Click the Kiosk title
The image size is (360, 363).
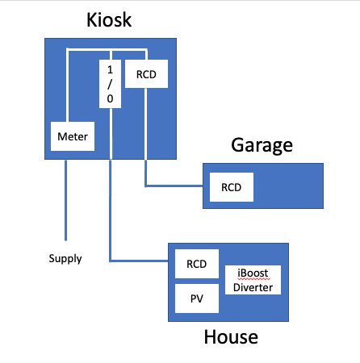(x=109, y=20)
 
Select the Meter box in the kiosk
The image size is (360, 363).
(x=73, y=136)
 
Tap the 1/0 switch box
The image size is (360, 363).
(x=110, y=84)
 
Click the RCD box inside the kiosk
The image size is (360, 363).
(x=146, y=74)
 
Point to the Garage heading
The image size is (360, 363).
(x=262, y=145)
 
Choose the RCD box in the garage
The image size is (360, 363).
(x=232, y=187)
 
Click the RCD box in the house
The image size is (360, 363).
(x=197, y=264)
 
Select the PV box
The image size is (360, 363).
(x=197, y=298)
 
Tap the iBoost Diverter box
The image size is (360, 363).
(x=253, y=280)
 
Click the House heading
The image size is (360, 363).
(x=231, y=337)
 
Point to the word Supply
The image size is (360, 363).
(x=65, y=259)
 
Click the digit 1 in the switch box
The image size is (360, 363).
(x=110, y=70)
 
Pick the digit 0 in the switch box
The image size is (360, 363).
(x=110, y=98)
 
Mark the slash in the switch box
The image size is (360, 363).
(x=110, y=84)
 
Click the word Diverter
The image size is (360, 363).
(x=253, y=287)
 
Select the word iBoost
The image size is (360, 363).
(x=253, y=273)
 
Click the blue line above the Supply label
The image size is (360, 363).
(x=65, y=200)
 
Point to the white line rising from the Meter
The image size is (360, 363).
(x=67, y=85)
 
